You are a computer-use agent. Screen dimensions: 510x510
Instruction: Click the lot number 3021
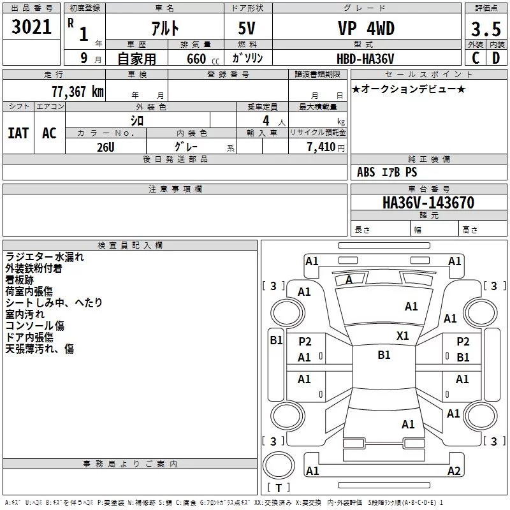pyautogui.click(x=31, y=27)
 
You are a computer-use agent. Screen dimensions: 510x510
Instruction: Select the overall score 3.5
pyautogui.click(x=486, y=29)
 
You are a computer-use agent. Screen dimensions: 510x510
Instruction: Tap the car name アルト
pyautogui.click(x=165, y=28)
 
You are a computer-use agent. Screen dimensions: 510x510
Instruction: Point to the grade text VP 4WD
pyautogui.click(x=366, y=28)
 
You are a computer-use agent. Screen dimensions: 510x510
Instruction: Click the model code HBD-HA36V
pyautogui.click(x=365, y=59)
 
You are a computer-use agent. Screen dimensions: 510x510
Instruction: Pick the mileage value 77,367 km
pyautogui.click(x=78, y=91)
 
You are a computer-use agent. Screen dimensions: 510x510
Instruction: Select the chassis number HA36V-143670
pyautogui.click(x=428, y=203)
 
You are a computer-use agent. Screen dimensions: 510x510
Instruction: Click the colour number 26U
pyautogui.click(x=106, y=147)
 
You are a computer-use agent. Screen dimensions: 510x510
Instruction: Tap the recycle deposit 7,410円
pyautogui.click(x=326, y=147)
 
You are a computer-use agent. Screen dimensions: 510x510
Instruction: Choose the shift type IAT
pyautogui.click(x=18, y=133)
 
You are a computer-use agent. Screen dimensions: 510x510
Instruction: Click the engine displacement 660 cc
pyautogui.click(x=203, y=59)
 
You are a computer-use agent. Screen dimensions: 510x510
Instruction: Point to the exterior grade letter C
pyautogui.click(x=476, y=58)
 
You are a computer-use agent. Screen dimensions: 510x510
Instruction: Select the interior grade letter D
pyautogui.click(x=496, y=58)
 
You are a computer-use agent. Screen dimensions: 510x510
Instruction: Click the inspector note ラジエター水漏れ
pyautogui.click(x=45, y=257)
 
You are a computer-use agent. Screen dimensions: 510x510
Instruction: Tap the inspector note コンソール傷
pyautogui.click(x=35, y=326)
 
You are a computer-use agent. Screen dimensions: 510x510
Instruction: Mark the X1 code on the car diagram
pyautogui.click(x=403, y=336)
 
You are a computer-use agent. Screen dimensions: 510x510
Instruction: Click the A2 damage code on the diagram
pyautogui.click(x=454, y=470)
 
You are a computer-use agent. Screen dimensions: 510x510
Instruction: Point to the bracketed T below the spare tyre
pyautogui.click(x=279, y=488)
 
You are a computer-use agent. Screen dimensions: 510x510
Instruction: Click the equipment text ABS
pyautogui.click(x=366, y=172)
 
